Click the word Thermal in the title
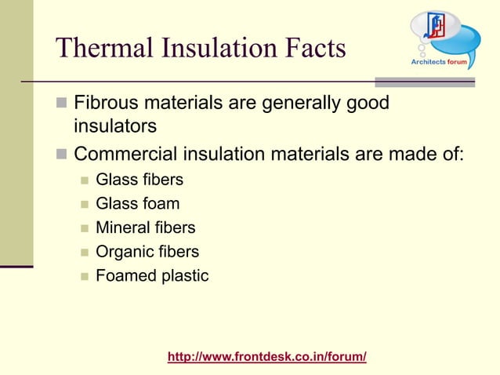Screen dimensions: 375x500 pyautogui.click(x=100, y=48)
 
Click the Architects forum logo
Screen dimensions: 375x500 pyautogui.click(x=444, y=39)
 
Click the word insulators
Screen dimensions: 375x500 pyautogui.click(x=115, y=126)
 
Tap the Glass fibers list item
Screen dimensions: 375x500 pyautogui.click(x=139, y=180)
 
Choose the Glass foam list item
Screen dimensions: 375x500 pyautogui.click(x=137, y=204)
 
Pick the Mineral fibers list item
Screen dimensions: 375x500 pyautogui.click(x=145, y=228)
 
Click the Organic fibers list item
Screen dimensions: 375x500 pyautogui.click(x=147, y=252)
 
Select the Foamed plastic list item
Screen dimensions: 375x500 pyautogui.click(x=151, y=275)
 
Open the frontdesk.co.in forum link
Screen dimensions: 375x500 pyautogui.click(x=267, y=357)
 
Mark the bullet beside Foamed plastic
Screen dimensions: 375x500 pyautogui.click(x=83, y=276)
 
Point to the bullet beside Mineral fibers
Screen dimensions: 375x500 pyautogui.click(x=83, y=228)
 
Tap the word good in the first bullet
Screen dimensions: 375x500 pyautogui.click(x=367, y=104)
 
